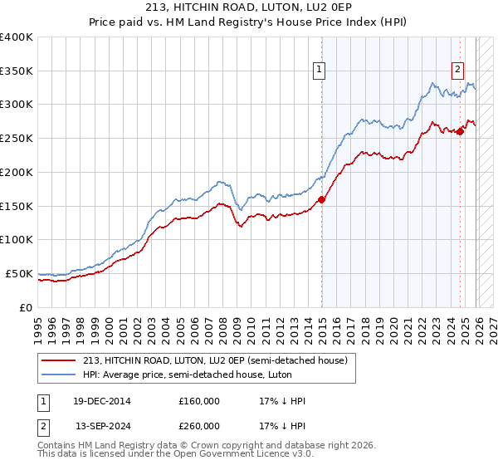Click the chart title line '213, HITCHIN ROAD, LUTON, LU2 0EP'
(249, 9)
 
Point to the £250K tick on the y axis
(17, 139)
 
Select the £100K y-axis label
(17, 240)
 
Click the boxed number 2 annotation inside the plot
(457, 71)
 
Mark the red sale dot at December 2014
(321, 199)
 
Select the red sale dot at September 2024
(460, 132)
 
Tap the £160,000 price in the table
(199, 401)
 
